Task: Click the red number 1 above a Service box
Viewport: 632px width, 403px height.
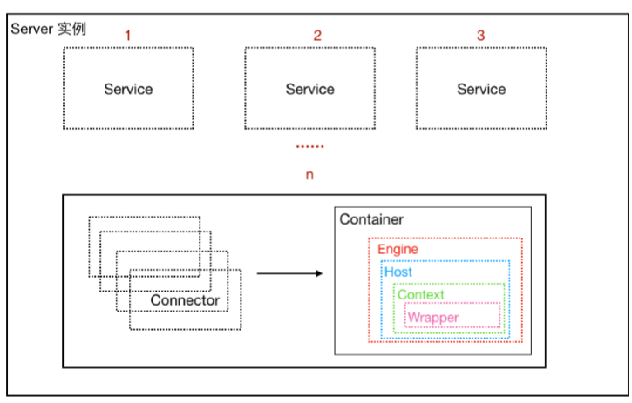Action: (x=128, y=36)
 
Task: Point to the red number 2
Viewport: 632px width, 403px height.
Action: (x=317, y=36)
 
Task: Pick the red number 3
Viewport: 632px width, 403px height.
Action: (x=480, y=36)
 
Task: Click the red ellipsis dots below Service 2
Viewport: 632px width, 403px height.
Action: (x=309, y=146)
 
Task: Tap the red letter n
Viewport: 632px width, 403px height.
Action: (x=309, y=175)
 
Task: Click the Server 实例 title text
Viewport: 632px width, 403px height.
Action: (x=48, y=29)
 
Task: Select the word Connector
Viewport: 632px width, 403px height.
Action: (x=185, y=301)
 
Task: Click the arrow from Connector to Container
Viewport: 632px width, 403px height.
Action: (x=288, y=273)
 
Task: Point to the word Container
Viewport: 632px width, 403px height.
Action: (x=371, y=219)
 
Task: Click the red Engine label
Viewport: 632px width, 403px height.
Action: (x=398, y=250)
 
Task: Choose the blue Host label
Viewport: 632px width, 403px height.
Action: (x=398, y=272)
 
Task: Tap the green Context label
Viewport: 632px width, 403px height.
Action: (x=420, y=295)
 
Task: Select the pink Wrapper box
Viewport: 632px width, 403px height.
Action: (x=452, y=317)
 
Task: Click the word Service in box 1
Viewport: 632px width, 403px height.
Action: (x=128, y=89)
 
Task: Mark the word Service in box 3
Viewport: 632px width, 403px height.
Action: (x=481, y=89)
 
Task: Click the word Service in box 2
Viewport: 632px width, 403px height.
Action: (x=309, y=89)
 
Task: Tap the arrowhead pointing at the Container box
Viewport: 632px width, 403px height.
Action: (x=318, y=273)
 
